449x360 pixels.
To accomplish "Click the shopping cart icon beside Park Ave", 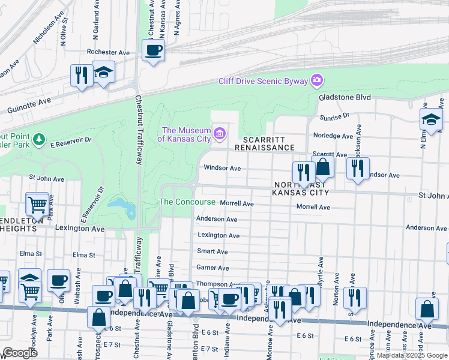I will click(x=38, y=205).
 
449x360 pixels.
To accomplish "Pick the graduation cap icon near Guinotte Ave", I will click(x=104, y=73).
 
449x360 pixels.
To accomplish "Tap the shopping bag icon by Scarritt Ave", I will click(x=323, y=167).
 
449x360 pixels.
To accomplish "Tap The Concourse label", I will click(x=187, y=202).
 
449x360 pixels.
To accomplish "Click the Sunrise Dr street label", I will click(x=336, y=116).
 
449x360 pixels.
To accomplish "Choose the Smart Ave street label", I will click(x=212, y=251).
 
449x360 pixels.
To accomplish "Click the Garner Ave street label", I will click(x=213, y=268).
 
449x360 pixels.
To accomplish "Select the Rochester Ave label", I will click(x=108, y=53).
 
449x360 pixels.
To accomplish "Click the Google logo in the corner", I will click(x=20, y=353).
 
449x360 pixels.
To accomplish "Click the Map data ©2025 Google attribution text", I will click(x=411, y=355).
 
